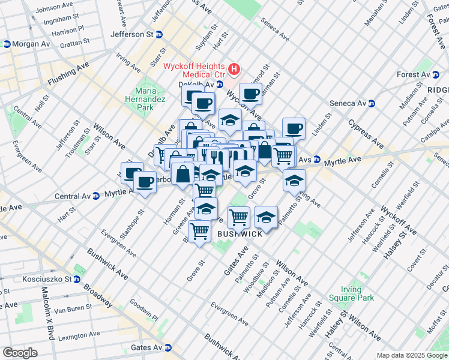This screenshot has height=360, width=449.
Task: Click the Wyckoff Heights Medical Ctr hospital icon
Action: (235, 70)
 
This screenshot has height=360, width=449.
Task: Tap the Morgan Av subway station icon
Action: (6, 44)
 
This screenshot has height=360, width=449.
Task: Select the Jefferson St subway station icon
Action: (159, 35)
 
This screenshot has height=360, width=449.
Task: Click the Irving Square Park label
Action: (351, 293)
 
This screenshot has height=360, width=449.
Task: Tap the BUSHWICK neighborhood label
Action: (240, 234)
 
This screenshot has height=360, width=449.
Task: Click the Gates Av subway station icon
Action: (169, 348)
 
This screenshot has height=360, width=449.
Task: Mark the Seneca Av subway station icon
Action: (371, 103)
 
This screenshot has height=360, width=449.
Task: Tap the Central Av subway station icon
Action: (96, 196)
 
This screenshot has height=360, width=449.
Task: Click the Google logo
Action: (20, 353)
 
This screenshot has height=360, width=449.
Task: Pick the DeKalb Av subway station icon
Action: (220, 85)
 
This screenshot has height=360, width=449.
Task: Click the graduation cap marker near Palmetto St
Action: (294, 180)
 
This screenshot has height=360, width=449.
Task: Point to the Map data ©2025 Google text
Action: (411, 355)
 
